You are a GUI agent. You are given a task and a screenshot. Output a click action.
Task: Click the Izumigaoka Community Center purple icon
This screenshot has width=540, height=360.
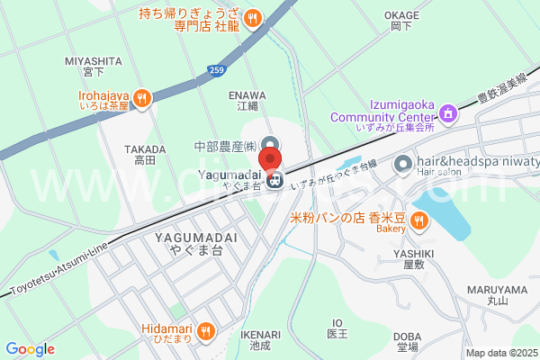[x=448, y=113]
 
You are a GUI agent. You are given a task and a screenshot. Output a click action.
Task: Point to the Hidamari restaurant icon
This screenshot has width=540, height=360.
[x=207, y=331]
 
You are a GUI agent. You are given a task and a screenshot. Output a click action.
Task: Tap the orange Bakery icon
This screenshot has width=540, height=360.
[x=418, y=220]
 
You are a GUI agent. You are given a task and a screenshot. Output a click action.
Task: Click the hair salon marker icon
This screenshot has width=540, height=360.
[x=403, y=164]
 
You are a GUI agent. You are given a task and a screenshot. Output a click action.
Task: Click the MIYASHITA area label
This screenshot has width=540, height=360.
[x=94, y=61]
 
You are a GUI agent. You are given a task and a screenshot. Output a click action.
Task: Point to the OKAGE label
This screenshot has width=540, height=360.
[x=401, y=15]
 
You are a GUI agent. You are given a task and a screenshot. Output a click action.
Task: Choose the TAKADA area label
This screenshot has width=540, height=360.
[x=144, y=149]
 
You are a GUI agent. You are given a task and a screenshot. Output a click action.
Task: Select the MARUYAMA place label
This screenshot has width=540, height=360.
[x=497, y=290]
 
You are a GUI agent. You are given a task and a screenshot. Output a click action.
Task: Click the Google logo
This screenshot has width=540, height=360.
[x=30, y=348]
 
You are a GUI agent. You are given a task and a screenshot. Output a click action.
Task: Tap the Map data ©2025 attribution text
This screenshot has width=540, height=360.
[x=499, y=353]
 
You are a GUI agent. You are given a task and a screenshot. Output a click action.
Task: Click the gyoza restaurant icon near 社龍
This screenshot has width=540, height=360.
[x=254, y=16]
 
